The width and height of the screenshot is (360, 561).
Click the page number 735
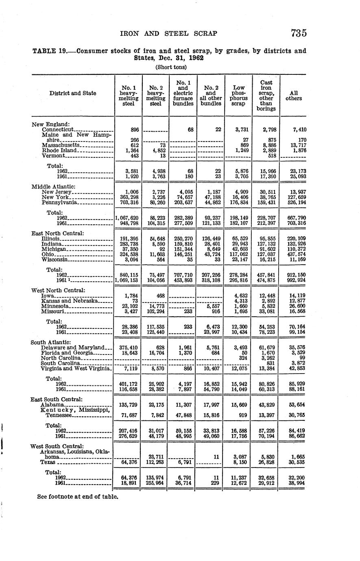(299, 33)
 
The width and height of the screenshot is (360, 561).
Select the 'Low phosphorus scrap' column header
(238, 96)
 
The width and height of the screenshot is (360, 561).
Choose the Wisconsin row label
(55, 259)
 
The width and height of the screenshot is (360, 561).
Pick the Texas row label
(48, 462)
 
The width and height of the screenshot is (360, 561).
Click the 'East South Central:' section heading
(57, 399)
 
